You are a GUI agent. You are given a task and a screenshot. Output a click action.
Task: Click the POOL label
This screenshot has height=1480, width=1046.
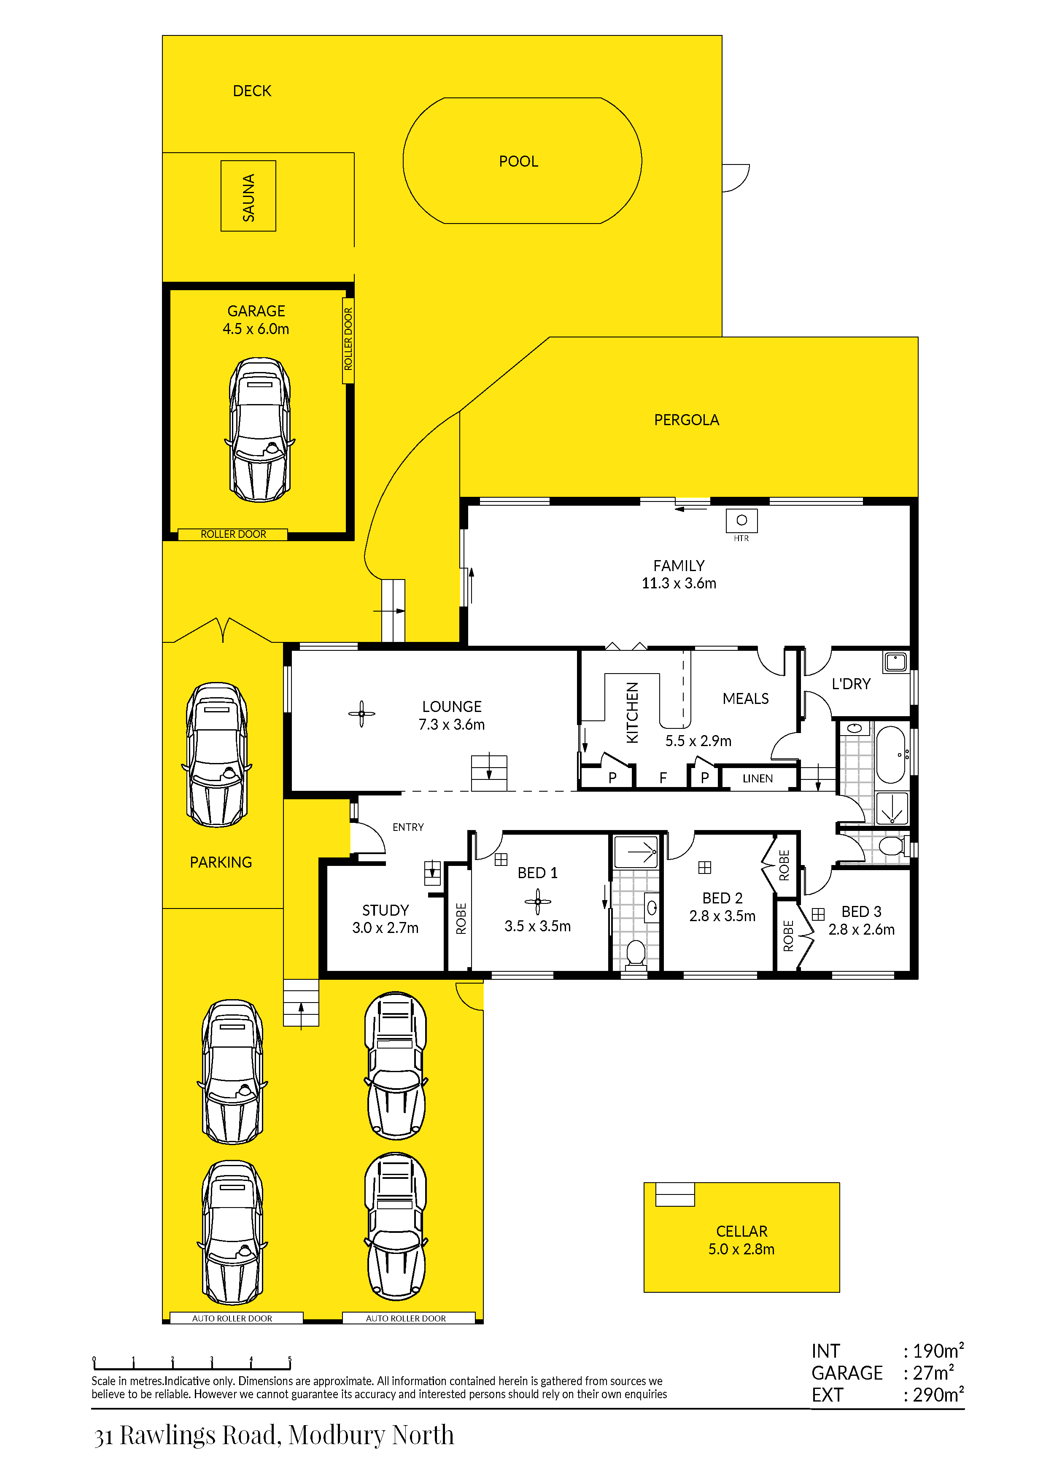click(x=518, y=161)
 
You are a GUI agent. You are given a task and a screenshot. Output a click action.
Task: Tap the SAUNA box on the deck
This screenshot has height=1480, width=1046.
click(x=248, y=196)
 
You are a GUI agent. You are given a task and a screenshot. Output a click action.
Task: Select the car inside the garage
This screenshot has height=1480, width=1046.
click(x=260, y=429)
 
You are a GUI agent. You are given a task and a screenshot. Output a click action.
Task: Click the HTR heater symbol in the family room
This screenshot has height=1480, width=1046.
click(x=741, y=520)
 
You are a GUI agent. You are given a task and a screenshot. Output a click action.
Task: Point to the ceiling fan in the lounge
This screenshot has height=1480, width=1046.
click(x=361, y=714)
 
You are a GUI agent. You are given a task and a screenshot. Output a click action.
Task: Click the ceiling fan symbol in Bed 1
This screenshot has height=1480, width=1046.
click(x=537, y=902)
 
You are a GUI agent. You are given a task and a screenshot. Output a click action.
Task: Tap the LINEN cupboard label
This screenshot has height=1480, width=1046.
click(x=757, y=779)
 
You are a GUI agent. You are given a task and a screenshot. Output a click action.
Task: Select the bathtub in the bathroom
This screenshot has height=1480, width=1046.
click(x=891, y=754)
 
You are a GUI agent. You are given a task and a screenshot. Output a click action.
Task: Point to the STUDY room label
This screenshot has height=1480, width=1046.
click(x=386, y=910)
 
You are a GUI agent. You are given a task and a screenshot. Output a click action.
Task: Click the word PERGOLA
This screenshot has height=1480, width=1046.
click(x=686, y=420)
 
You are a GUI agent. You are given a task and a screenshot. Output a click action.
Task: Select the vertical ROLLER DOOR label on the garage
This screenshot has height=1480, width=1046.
click(x=348, y=339)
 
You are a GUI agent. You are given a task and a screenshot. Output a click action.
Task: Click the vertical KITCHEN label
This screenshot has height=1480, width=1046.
click(x=632, y=712)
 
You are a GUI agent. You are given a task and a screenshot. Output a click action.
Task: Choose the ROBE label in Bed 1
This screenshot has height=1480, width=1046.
click(x=461, y=919)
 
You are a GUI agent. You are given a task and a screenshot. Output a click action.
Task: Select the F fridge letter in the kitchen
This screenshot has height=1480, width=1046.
click(x=663, y=778)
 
